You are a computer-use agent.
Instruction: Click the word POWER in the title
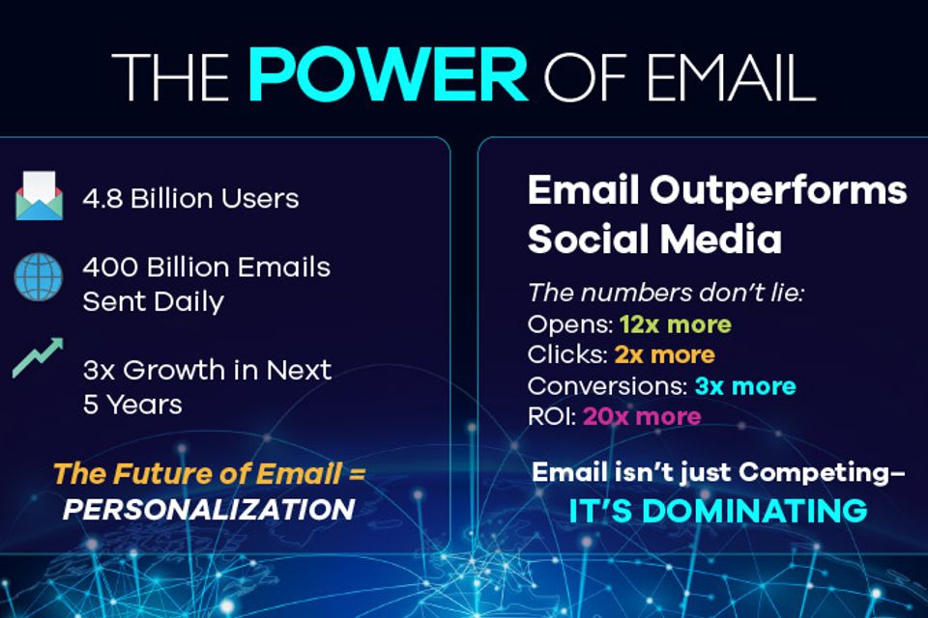[387, 75]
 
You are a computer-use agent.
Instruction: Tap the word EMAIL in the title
[731, 77]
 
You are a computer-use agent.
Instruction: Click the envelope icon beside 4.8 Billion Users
[39, 196]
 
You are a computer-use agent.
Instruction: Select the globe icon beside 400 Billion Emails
[39, 277]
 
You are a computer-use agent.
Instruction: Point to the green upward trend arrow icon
[38, 357]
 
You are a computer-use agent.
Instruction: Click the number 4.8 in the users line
[102, 199]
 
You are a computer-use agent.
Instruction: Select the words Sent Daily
[154, 302]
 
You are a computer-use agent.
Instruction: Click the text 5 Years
[132, 405]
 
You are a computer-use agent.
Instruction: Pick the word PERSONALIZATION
[209, 509]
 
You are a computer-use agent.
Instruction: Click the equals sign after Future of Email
[357, 474]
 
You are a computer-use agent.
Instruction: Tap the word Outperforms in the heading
[778, 191]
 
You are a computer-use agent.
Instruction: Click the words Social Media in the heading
[654, 239]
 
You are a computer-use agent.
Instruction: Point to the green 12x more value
[676, 324]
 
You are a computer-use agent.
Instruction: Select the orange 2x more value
[665, 354]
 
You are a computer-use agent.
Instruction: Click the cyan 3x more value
[745, 385]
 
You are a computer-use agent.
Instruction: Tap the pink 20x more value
[642, 416]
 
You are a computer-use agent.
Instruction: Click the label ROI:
[552, 416]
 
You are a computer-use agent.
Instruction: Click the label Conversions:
[607, 385]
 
